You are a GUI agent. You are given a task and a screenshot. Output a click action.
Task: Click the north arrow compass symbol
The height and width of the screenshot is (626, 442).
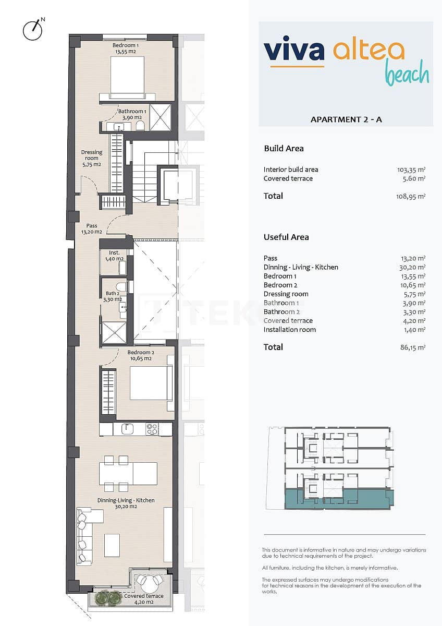point(32,30)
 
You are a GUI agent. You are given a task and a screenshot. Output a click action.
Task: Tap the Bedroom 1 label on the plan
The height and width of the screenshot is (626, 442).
point(126,49)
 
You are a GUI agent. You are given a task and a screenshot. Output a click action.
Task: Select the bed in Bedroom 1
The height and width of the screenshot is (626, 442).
point(127,77)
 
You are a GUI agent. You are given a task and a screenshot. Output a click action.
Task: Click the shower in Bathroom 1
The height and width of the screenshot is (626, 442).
point(161,117)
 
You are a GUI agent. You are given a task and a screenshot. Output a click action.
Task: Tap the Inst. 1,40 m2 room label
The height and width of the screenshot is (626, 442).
point(114,256)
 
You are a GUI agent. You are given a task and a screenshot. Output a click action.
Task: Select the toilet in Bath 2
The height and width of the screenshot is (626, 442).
point(121,286)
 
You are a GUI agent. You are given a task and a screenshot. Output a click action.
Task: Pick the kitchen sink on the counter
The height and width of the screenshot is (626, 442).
point(128,429)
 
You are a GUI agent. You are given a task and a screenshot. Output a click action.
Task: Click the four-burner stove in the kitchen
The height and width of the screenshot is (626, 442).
point(152,429)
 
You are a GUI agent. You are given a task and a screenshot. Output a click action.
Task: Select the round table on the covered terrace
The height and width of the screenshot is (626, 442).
point(150,581)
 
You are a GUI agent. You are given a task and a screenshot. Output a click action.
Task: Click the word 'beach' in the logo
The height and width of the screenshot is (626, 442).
point(407,75)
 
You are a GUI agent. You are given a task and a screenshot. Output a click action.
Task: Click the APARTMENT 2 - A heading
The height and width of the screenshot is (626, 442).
point(346,119)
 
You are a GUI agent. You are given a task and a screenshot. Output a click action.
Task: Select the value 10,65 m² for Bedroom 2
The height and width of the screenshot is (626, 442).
point(414,285)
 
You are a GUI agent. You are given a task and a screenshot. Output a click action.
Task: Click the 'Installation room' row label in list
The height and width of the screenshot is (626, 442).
point(289,330)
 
